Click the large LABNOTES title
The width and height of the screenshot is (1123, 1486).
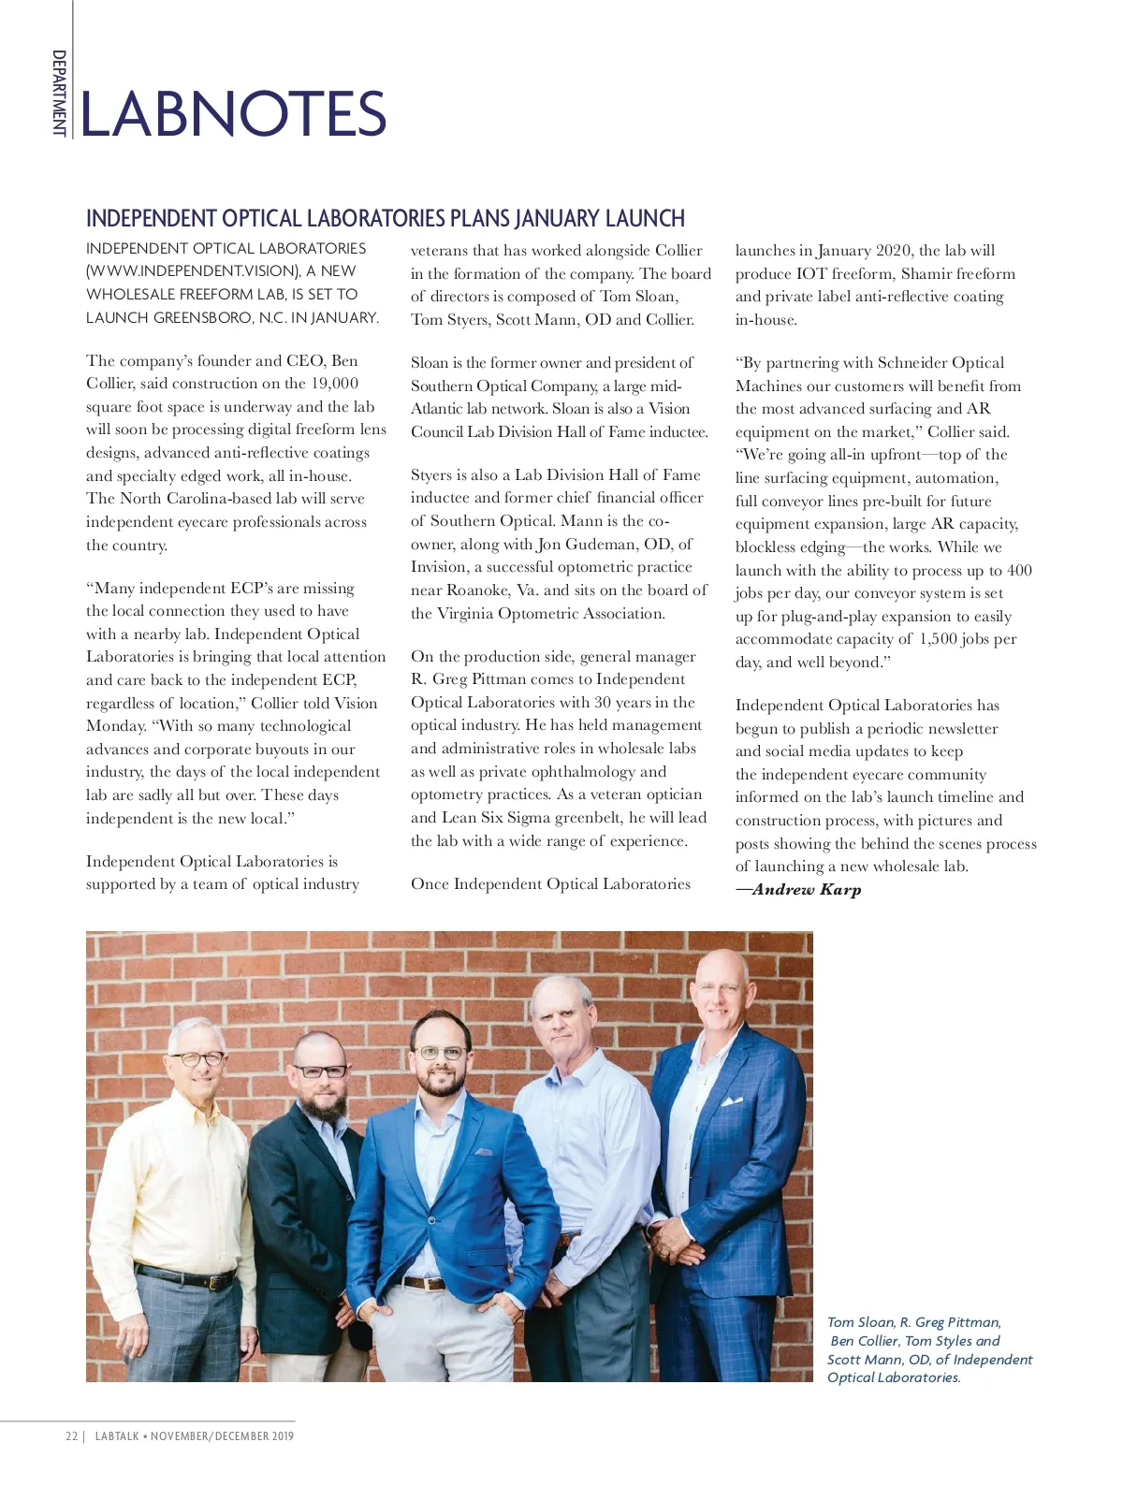click(x=233, y=114)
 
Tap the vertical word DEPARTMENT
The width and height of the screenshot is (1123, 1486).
click(x=59, y=93)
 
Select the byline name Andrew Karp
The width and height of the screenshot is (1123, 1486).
click(x=806, y=890)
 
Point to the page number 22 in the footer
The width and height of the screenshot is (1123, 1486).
click(x=71, y=1436)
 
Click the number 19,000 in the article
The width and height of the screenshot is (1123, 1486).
click(x=334, y=384)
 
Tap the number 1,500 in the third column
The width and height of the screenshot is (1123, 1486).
click(x=937, y=639)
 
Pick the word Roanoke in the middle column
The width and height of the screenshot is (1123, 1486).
click(x=477, y=590)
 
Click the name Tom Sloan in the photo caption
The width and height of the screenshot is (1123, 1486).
click(x=860, y=1322)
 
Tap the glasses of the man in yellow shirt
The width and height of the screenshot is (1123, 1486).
click(x=197, y=1059)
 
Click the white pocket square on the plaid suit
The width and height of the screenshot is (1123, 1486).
click(x=732, y=1101)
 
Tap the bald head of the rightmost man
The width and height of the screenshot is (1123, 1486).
click(x=721, y=964)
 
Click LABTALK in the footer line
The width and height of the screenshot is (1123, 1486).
click(x=117, y=1436)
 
